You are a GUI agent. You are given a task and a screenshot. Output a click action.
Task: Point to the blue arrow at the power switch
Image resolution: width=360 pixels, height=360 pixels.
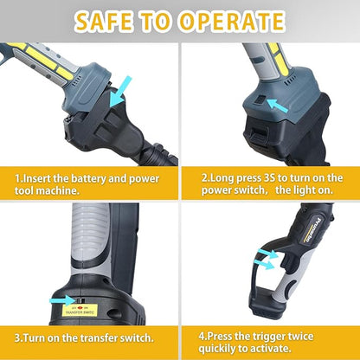click(279, 106)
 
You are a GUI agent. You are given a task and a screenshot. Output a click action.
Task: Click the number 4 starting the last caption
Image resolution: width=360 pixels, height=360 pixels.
click(202, 332)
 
